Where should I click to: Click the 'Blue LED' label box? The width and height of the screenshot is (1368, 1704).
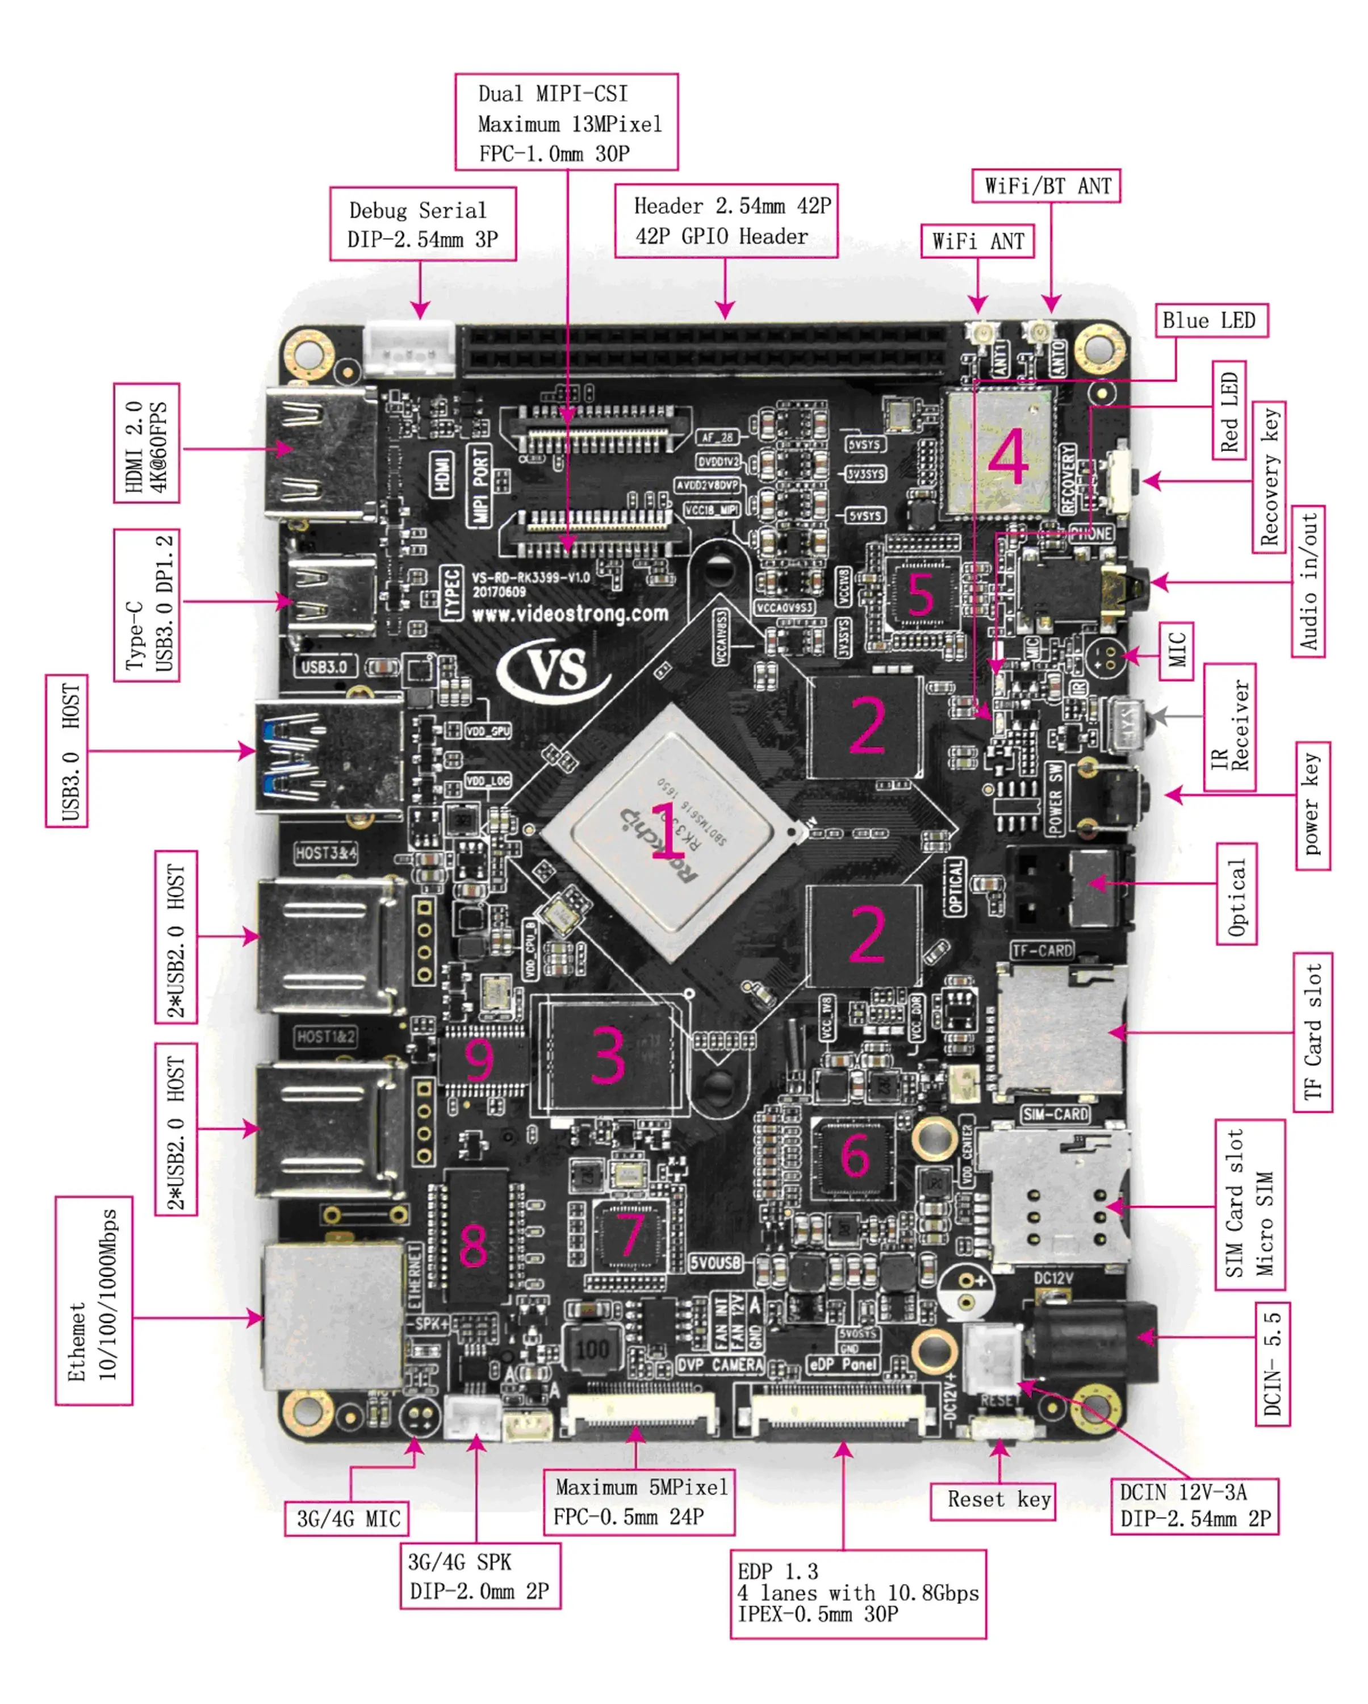tap(1211, 321)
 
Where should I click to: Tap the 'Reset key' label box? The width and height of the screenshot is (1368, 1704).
tap(999, 1500)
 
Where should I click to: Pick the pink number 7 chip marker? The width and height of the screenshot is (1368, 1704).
tap(630, 1234)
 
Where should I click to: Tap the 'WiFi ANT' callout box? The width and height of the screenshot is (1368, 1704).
tap(978, 241)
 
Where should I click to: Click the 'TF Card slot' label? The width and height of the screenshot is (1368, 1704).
tap(1312, 1031)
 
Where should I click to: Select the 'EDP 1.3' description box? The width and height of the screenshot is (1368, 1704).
tap(857, 1593)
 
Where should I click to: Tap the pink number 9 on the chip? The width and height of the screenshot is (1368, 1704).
tap(479, 1059)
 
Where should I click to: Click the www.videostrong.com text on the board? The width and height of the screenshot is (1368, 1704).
tap(570, 614)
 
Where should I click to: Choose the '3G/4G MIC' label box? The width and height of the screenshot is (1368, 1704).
tap(347, 1518)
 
